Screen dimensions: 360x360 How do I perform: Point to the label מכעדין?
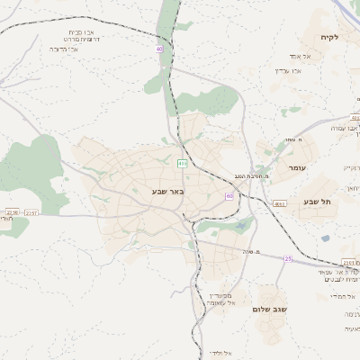point(220,295)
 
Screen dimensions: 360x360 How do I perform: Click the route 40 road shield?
point(160,49)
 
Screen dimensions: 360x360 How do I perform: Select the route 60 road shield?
point(229,195)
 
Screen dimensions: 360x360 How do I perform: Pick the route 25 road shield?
point(288,259)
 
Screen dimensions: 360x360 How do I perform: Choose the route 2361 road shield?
point(350,263)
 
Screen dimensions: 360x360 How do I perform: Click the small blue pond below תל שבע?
point(324,238)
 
